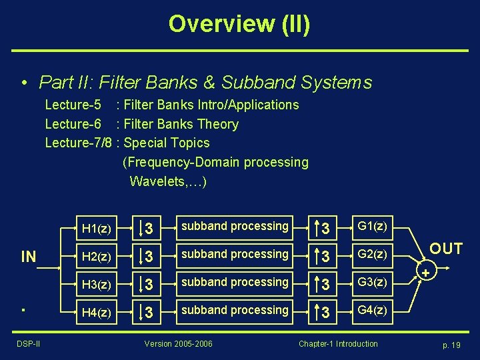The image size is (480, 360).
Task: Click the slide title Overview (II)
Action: coord(239,24)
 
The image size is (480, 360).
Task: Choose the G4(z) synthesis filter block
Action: coord(372,310)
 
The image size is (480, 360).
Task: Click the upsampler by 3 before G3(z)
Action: coord(322,285)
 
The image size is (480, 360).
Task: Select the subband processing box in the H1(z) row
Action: coord(235,226)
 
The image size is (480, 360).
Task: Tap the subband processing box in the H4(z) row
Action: coord(235,310)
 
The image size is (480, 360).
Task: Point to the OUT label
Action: coord(446,249)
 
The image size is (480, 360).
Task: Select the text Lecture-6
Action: coord(73,124)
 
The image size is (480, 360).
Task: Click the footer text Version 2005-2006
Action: coord(179,344)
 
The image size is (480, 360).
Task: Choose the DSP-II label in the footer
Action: coord(29,344)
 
